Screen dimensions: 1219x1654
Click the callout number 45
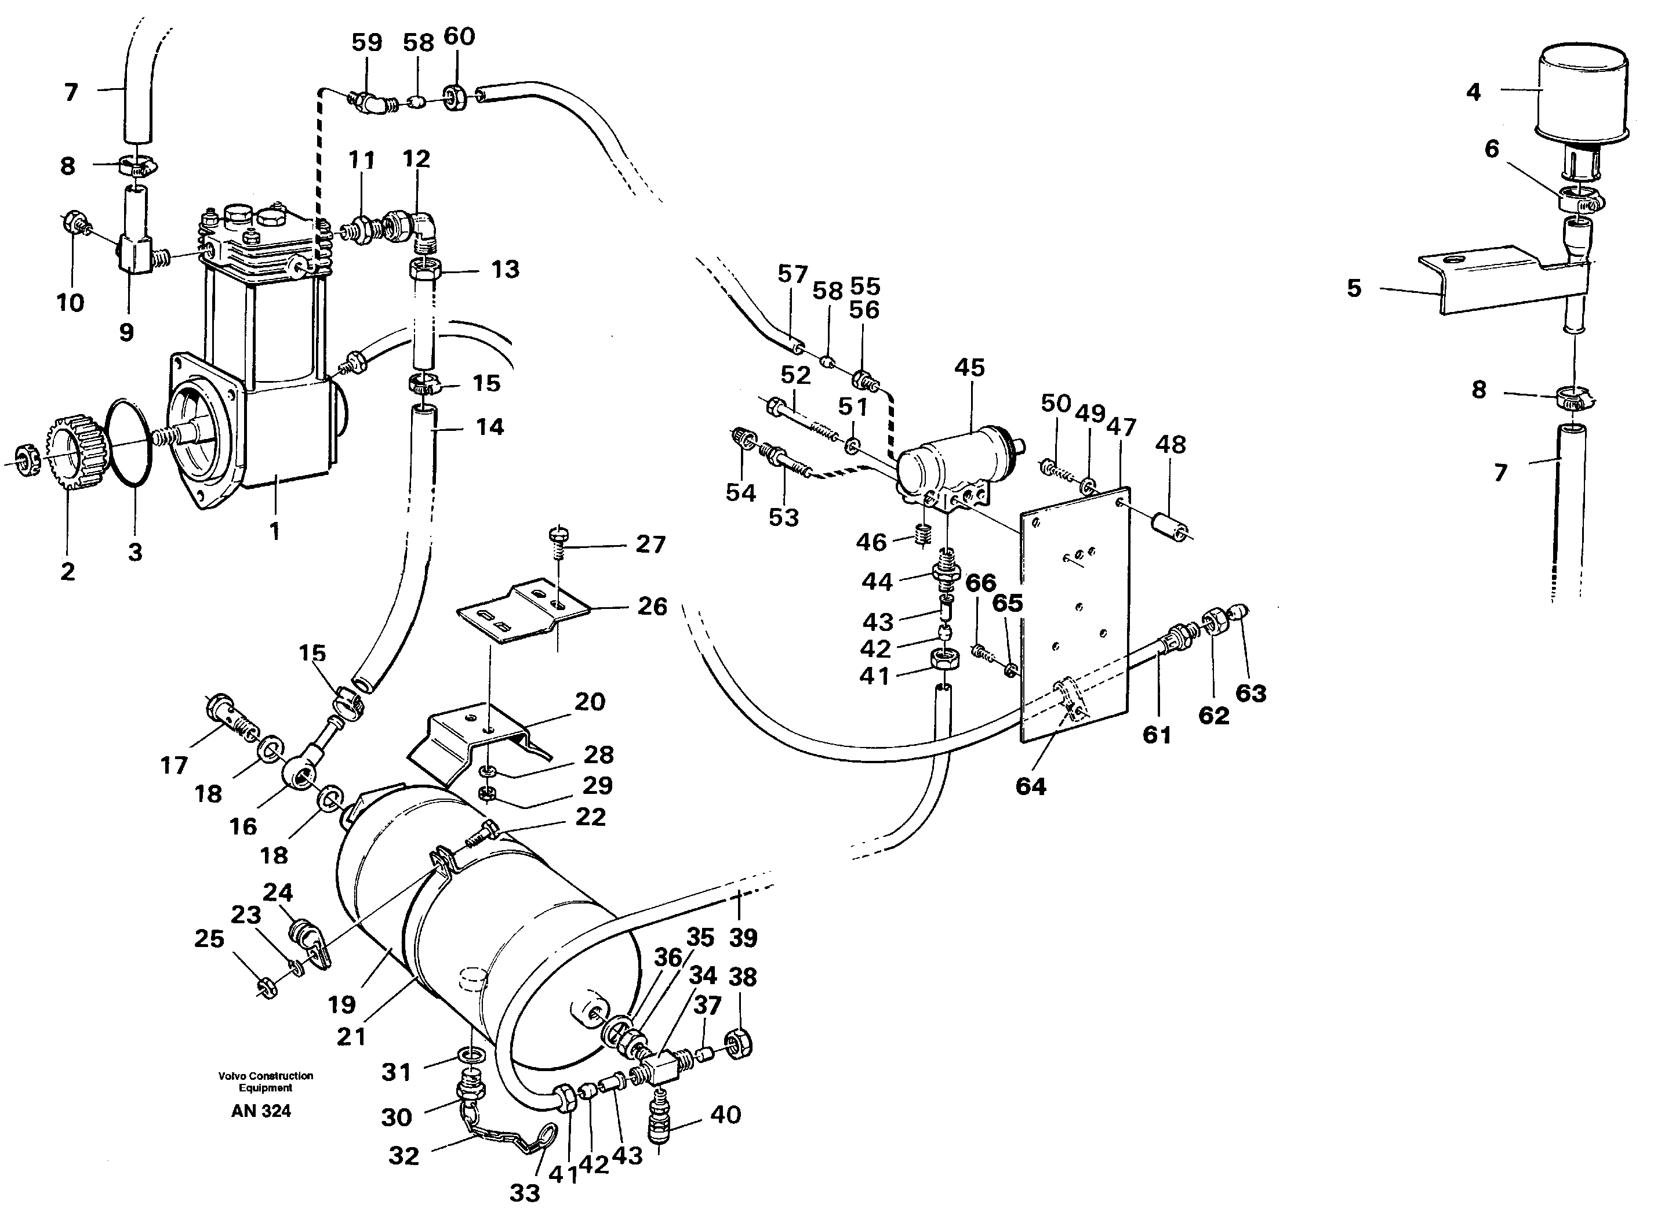click(x=969, y=368)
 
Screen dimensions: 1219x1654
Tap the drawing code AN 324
click(x=261, y=1111)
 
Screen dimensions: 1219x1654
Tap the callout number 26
click(x=652, y=607)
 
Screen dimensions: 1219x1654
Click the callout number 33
click(x=525, y=1193)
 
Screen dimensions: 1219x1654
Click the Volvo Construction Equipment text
click(x=266, y=1082)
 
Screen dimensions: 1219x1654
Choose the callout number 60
click(x=459, y=36)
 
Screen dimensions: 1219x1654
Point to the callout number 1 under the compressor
click(x=274, y=531)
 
